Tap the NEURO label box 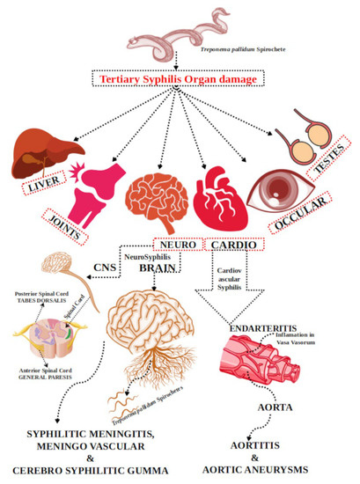(175, 243)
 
